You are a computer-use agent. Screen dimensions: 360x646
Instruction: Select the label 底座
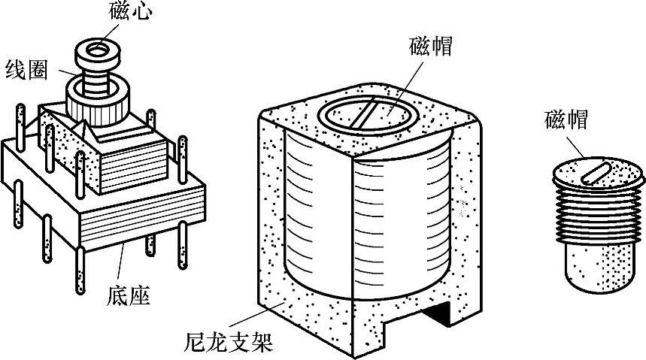point(129,295)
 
